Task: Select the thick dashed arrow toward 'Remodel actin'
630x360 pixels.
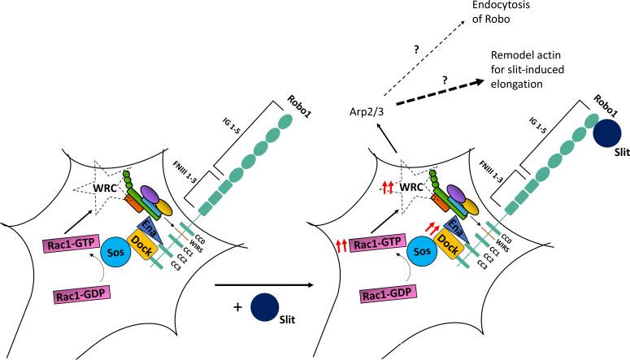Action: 443,92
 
